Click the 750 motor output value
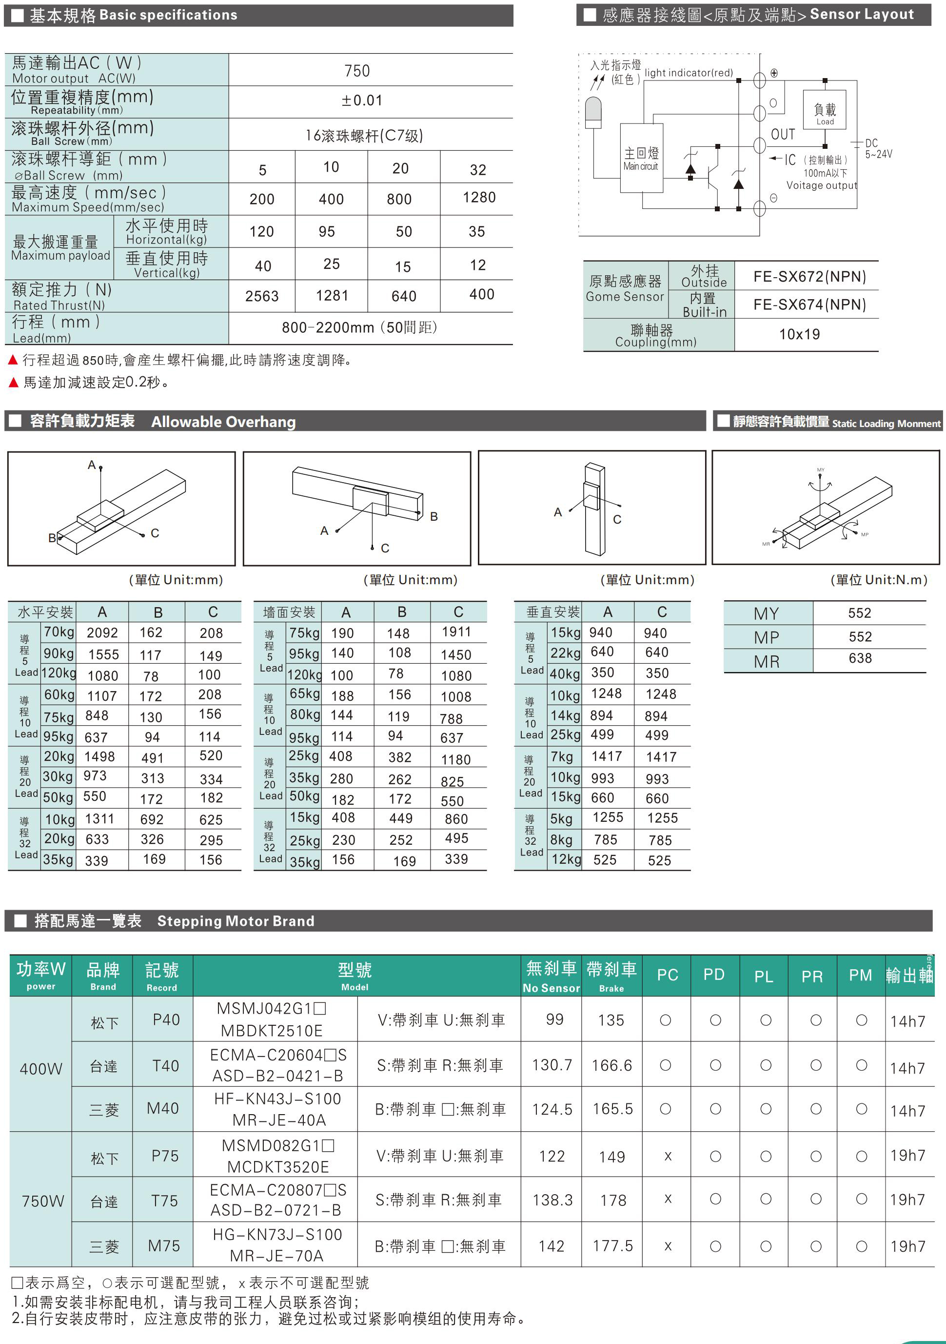(x=357, y=71)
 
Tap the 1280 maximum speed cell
(x=478, y=198)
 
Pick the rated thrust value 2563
(x=262, y=296)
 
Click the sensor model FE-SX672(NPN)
(x=809, y=276)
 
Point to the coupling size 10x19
(x=799, y=334)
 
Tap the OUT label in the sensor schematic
(x=783, y=135)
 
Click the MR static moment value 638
(x=860, y=658)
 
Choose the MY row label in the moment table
(x=767, y=613)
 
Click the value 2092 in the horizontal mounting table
(x=102, y=633)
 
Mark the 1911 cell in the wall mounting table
(x=456, y=632)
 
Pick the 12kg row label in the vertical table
(x=565, y=860)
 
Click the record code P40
(x=166, y=1019)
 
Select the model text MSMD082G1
(x=277, y=1145)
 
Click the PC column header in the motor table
(x=667, y=975)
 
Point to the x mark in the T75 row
(x=668, y=1200)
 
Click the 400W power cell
(x=40, y=1069)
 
